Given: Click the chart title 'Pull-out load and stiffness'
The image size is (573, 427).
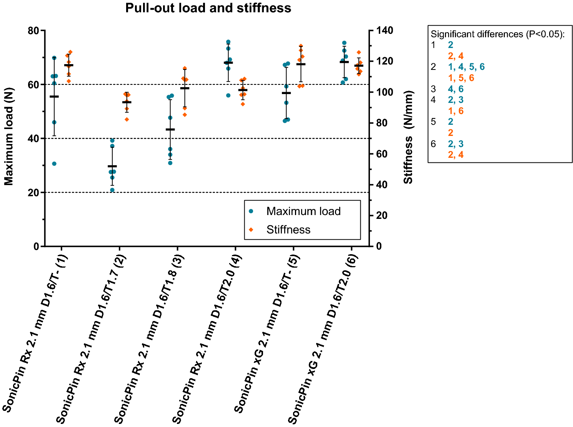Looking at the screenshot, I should (x=208, y=8).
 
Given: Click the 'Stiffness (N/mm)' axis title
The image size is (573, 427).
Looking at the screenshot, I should (x=408, y=137).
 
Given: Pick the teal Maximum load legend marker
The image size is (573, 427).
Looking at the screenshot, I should (x=251, y=211).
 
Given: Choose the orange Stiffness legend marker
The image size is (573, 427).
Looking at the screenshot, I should (x=251, y=230).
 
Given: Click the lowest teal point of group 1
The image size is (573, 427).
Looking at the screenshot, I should (x=54, y=164).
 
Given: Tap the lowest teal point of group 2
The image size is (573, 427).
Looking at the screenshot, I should (x=112, y=190).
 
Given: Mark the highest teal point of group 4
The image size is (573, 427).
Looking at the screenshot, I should (x=228, y=42).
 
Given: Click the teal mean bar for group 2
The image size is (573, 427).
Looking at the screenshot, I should (x=112, y=166).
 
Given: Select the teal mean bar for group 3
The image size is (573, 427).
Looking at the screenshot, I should (x=170, y=129).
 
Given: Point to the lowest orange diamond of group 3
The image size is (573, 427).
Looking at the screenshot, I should (x=185, y=114).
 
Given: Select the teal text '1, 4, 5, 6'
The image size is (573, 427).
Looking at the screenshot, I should (x=466, y=67).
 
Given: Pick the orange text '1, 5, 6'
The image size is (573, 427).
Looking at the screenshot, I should (x=461, y=78).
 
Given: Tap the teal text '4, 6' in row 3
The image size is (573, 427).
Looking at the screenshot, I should (x=456, y=89).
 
